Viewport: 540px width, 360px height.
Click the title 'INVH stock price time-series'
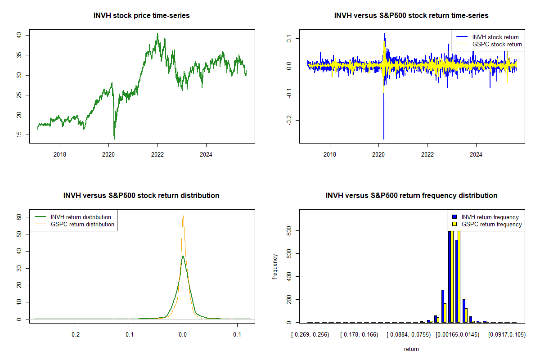click(x=141, y=16)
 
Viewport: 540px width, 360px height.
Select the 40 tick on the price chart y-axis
click(x=19, y=35)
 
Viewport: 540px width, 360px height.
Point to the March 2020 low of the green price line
click(x=114, y=139)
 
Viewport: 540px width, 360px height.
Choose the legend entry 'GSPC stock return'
click(x=497, y=44)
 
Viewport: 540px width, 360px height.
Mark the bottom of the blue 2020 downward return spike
click(x=383, y=139)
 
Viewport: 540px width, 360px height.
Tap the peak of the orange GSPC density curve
click(x=183, y=216)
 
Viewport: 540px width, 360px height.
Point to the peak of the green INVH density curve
click(x=183, y=256)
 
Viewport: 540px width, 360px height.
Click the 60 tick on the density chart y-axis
click(x=19, y=217)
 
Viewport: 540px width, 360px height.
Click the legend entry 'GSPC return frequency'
click(x=492, y=224)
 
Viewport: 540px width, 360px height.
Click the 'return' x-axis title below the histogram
click(x=411, y=349)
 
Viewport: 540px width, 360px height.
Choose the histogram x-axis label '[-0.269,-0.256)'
click(x=310, y=335)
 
